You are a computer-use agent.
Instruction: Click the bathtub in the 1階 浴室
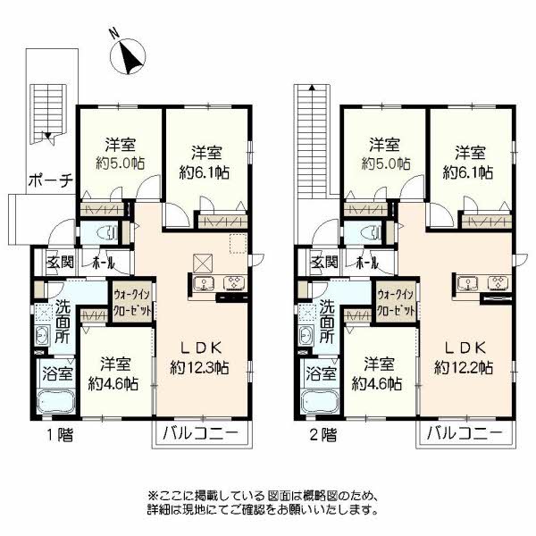[x=55, y=398]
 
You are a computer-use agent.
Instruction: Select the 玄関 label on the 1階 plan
[x=61, y=263]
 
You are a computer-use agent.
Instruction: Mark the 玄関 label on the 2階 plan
[x=324, y=263]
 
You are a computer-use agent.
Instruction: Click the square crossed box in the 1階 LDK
[x=202, y=263]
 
